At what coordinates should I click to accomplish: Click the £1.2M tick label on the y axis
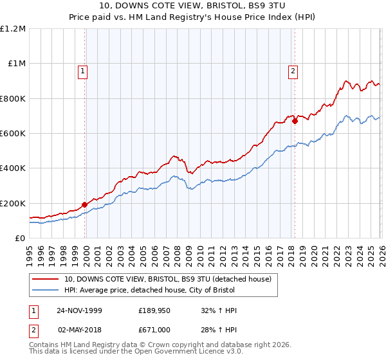(13, 28)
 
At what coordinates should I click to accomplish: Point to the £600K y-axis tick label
(13, 133)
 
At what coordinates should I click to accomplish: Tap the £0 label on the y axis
(19, 238)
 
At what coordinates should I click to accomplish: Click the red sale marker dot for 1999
(85, 205)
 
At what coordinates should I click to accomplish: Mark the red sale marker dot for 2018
(294, 120)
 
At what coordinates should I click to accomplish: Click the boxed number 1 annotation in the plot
(84, 72)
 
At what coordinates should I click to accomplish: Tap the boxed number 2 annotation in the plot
(293, 72)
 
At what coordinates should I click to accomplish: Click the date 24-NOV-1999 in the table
(80, 310)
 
